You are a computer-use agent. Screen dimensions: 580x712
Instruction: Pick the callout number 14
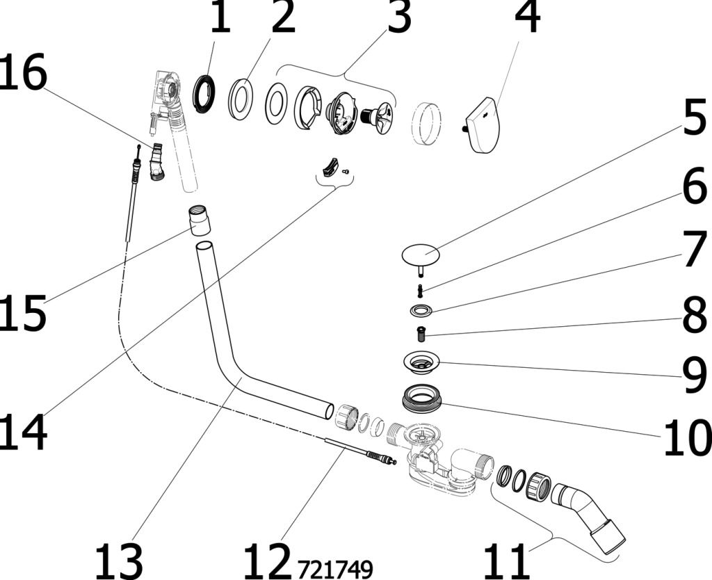(x=23, y=432)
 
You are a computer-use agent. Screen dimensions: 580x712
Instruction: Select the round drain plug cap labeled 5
(x=421, y=253)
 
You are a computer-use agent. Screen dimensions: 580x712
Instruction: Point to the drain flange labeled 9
(x=421, y=362)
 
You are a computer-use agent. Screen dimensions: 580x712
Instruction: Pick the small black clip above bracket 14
(x=328, y=166)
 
